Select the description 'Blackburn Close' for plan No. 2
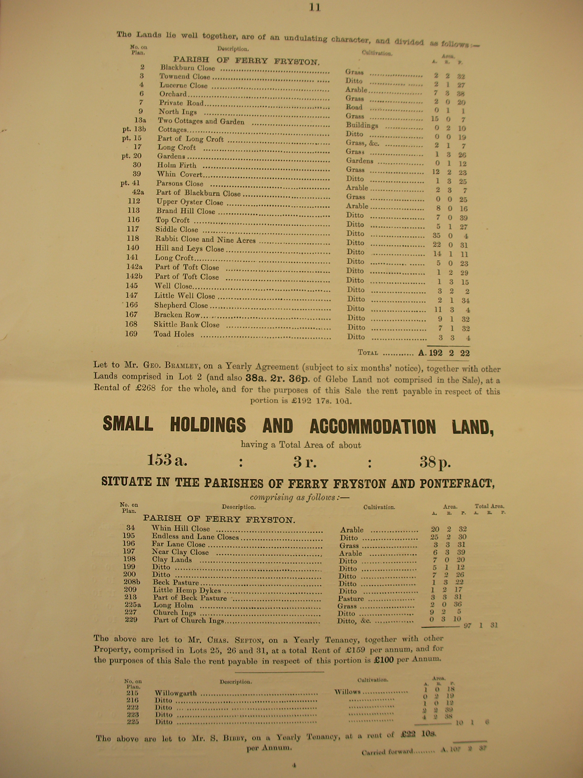[187, 67]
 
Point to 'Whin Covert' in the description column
[180, 174]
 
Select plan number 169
[131, 333]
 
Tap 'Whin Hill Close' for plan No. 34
[181, 529]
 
